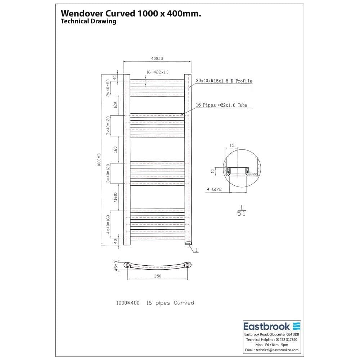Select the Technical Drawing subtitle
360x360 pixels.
[x=89, y=21]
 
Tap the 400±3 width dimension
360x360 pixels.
[x=157, y=58]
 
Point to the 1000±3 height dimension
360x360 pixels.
[x=99, y=160]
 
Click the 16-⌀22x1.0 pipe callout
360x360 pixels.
[x=157, y=72]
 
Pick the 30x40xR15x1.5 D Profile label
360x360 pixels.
[x=224, y=81]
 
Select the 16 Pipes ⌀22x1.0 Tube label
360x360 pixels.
[x=221, y=105]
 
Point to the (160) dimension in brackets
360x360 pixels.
[x=116, y=197]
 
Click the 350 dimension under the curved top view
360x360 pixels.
[x=157, y=276]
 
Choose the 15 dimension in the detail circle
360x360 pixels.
[x=231, y=145]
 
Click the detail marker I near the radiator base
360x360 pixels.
[x=196, y=249]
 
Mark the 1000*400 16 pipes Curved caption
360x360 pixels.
[x=155, y=303]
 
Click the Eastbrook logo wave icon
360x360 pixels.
[x=296, y=326]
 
